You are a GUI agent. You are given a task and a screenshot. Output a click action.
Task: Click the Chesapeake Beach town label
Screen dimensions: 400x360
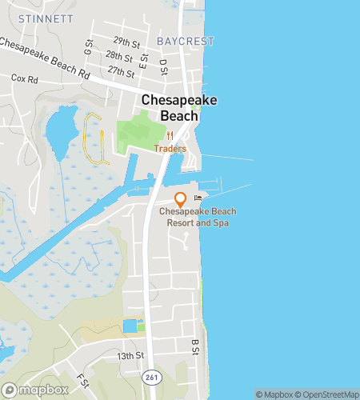(x=169, y=107)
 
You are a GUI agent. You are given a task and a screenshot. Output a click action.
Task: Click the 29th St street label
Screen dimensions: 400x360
(x=126, y=40)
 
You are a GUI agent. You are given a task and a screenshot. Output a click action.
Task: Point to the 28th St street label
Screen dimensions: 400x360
(x=118, y=56)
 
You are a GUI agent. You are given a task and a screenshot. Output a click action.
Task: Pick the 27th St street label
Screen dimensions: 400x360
(x=122, y=72)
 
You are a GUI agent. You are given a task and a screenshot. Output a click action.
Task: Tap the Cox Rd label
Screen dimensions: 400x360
(x=25, y=79)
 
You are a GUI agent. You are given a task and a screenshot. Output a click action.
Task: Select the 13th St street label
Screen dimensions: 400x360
(x=130, y=354)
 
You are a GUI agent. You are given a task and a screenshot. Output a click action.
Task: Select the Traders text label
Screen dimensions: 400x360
(x=170, y=149)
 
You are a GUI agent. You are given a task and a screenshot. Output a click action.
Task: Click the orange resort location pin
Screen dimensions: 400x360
(x=180, y=198)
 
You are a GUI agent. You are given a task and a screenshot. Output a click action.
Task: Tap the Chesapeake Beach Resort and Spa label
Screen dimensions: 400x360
(x=194, y=217)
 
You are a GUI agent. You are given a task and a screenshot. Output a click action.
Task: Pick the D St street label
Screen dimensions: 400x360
(x=162, y=62)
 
